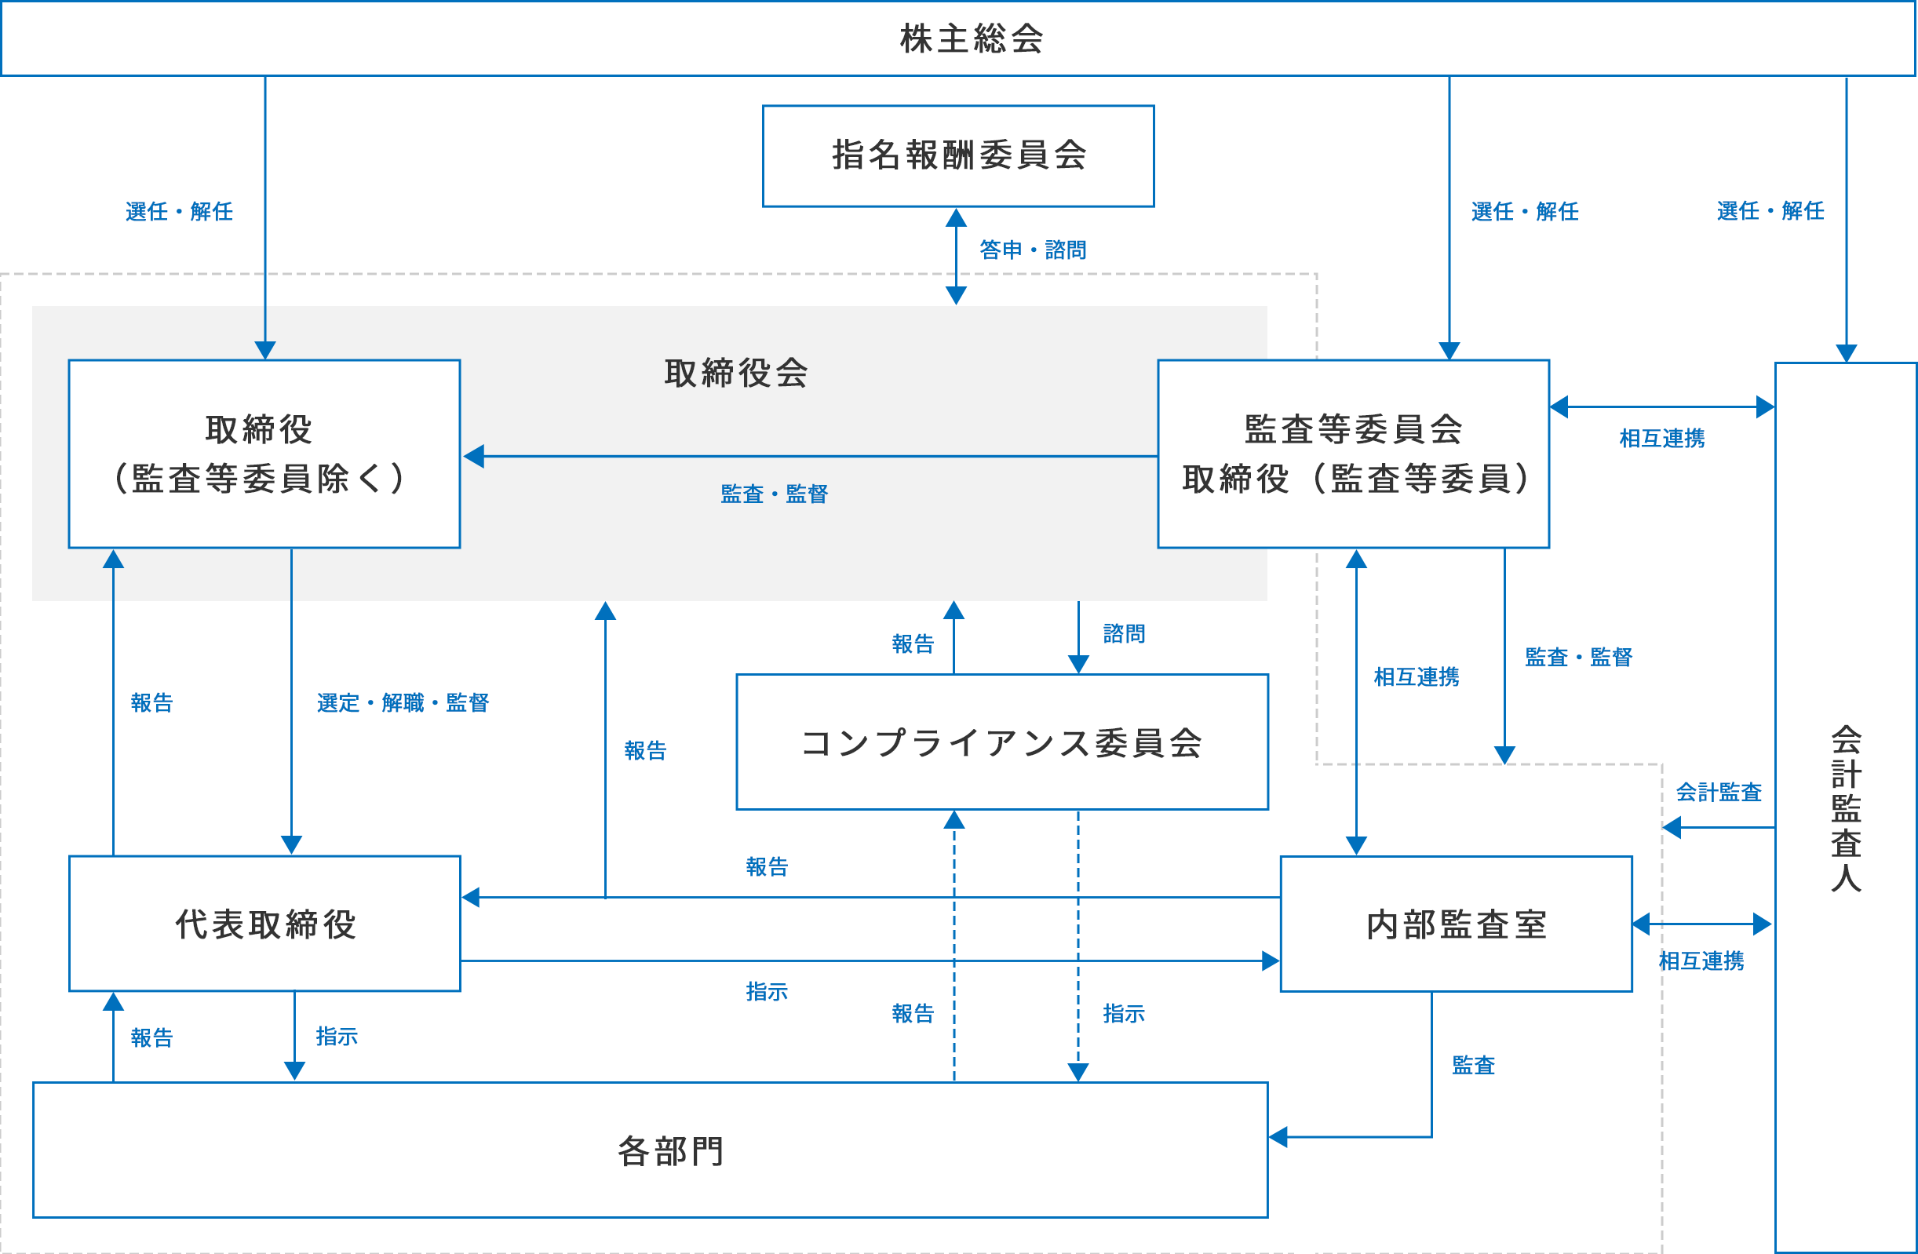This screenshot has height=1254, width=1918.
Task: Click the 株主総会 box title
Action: pos(971,38)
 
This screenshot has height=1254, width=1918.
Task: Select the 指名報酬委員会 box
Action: pos(958,155)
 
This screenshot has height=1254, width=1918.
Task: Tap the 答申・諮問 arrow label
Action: pos(1032,250)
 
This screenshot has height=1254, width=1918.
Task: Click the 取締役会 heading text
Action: pos(736,373)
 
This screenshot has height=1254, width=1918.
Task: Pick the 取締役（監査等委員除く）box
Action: pos(264,454)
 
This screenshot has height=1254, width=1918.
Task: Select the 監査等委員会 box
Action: pos(1353,454)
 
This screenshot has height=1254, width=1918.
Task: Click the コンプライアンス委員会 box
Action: pos(1001,742)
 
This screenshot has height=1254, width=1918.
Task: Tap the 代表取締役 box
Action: pos(264,924)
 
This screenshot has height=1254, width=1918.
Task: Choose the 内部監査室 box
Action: pos(1456,924)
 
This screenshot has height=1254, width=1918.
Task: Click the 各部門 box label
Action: pos(670,1151)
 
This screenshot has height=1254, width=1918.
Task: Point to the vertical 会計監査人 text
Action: pos(1846,808)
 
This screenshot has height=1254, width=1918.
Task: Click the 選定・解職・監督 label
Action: pos(402,703)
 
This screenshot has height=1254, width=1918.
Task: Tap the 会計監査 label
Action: pos(1718,793)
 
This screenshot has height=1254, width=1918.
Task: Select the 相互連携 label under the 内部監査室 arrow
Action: pos(1701,961)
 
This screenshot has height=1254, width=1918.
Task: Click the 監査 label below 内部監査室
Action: pos(1473,1066)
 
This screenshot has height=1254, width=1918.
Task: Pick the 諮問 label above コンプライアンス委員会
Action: pos(1123,633)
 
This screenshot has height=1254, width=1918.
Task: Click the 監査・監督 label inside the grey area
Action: pos(774,494)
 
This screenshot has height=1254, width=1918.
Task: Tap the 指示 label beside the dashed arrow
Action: pos(1123,1014)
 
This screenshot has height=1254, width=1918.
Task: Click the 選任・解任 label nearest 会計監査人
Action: pos(1770,211)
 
